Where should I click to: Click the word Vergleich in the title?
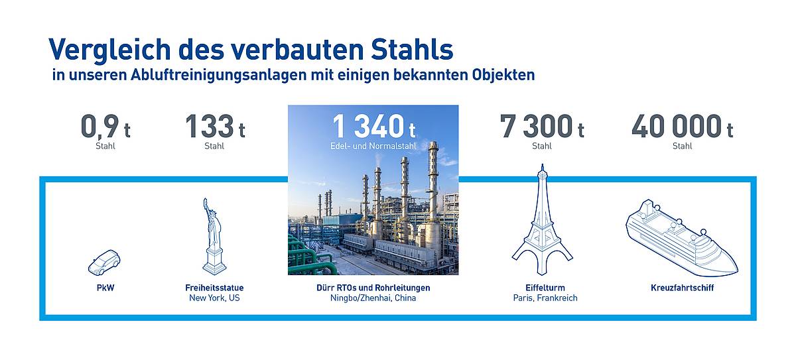coord(110,50)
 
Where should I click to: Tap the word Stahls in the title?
coord(412,49)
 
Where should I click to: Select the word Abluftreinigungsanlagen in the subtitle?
coord(218,76)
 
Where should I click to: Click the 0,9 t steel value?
coord(105,126)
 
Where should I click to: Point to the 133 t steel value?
coord(215,126)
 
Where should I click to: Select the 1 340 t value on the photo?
coord(374,126)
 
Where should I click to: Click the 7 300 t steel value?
coord(542,126)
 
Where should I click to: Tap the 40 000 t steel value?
coord(683,126)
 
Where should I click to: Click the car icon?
coord(104,263)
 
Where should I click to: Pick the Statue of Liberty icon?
coord(214,236)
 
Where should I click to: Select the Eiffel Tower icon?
coord(543,220)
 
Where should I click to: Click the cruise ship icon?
coord(682,238)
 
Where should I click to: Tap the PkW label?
coord(105,288)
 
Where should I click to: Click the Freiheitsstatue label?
coord(214,288)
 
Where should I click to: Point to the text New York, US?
coord(214,298)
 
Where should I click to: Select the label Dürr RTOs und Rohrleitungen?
coord(373,288)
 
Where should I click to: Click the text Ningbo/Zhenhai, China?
coord(373,298)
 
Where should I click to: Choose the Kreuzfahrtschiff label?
coord(683,288)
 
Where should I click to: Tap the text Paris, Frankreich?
coord(545,298)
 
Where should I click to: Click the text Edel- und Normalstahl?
coord(373,146)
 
